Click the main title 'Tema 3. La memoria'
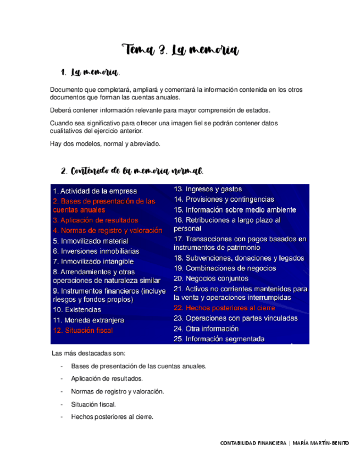(180, 50)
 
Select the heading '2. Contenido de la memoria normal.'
(132, 171)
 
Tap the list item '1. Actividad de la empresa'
(87, 191)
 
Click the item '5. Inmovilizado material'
(91, 241)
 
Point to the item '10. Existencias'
(77, 310)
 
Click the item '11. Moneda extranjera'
(88, 320)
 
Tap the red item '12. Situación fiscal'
(83, 330)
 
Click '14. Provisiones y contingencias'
(224, 199)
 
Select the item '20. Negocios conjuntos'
(212, 279)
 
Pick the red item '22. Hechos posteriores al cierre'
(224, 308)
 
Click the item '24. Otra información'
(209, 329)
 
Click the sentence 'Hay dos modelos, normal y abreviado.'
(105, 143)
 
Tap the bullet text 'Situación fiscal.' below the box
(93, 404)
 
